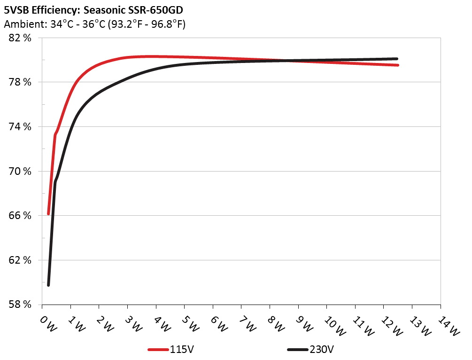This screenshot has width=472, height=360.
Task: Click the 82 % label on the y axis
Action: (x=20, y=38)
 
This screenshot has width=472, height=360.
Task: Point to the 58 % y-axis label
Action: (x=20, y=304)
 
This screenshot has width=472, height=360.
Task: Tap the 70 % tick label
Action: (x=20, y=171)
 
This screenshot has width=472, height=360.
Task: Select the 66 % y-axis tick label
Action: (x=20, y=215)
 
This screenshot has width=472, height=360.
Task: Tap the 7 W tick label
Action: (x=247, y=324)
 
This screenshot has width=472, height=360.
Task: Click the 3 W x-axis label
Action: (x=133, y=324)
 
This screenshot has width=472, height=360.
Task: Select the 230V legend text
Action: (x=321, y=350)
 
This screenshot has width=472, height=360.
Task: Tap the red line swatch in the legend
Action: (x=158, y=350)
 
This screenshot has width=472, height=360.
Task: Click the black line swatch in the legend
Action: (x=297, y=350)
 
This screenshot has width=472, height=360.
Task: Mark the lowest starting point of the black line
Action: (x=48, y=285)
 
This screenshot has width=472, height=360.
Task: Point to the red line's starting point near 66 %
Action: (x=48, y=213)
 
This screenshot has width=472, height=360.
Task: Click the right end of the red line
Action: (x=398, y=65)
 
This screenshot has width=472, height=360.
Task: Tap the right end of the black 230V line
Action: (x=397, y=59)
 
